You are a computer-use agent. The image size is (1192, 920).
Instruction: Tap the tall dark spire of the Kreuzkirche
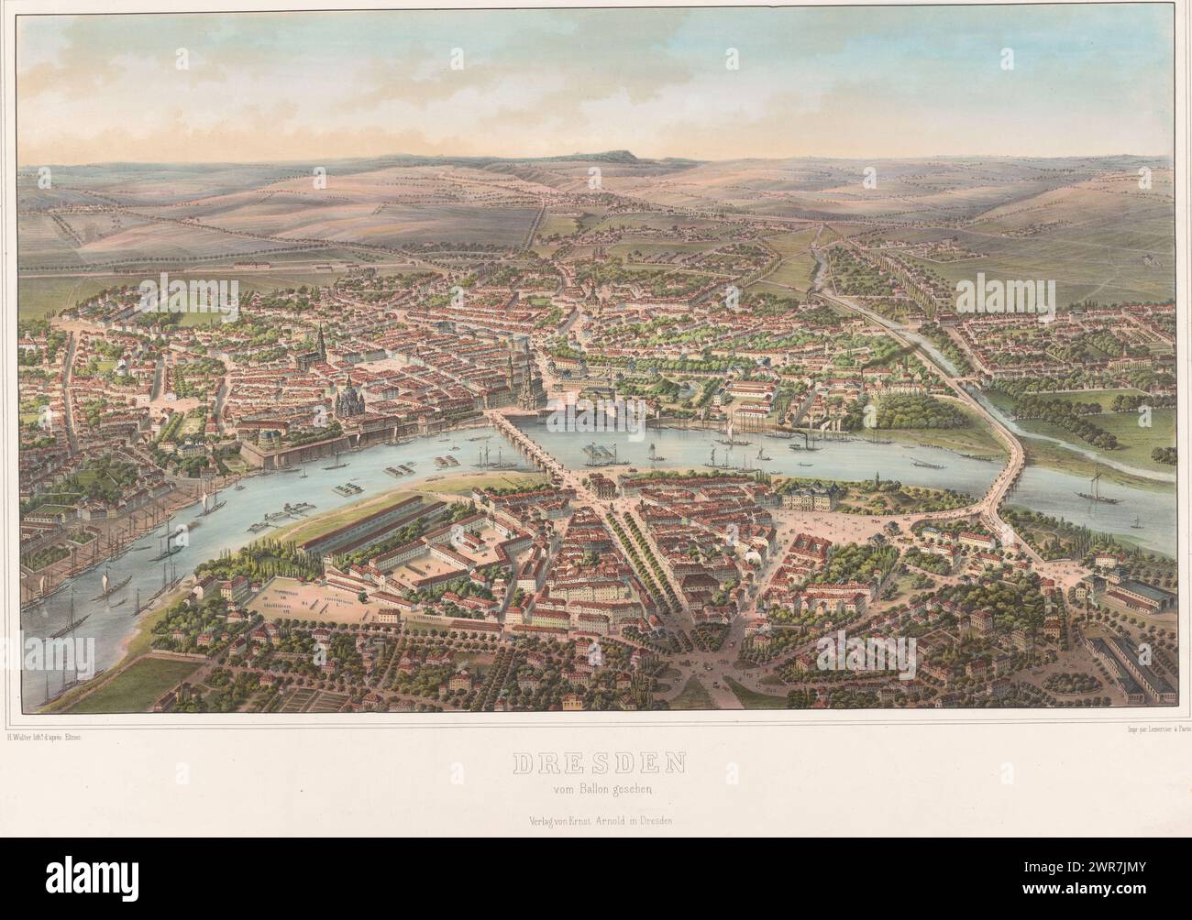(x=321, y=346)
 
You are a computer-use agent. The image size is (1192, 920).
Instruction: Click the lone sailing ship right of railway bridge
(x=1096, y=486)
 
